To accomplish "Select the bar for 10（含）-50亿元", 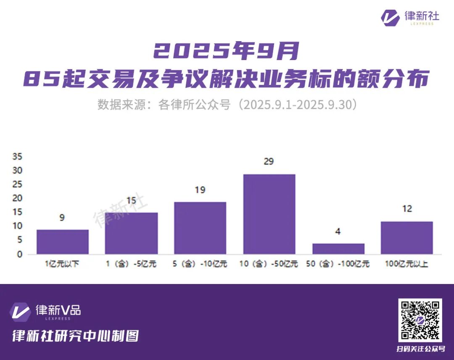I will pos(269,214).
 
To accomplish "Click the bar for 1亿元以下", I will pos(63,242).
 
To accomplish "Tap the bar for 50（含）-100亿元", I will pos(338,249).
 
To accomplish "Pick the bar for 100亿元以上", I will pos(406,238).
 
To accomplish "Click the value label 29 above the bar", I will pos(269,161).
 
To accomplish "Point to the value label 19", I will pos(200,190).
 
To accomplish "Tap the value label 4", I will pos(338,231).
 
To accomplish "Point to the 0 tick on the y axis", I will pos(19,254).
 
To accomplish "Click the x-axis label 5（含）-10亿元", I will pos(200,264).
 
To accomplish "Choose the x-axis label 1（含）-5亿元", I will pos(131,264).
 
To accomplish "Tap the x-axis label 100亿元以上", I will pos(406,264).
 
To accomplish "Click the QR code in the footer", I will pos(420,320).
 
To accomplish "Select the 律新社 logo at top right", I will pos(410,17).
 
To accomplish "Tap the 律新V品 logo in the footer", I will pos(45,312).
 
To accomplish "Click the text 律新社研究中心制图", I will pos(76,336).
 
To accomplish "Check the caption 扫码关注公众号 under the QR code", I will pos(420,349).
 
